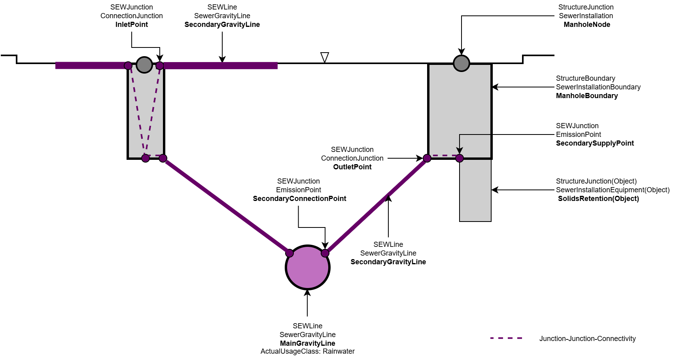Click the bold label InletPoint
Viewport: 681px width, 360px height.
[131, 25]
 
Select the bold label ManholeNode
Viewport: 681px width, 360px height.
[586, 25]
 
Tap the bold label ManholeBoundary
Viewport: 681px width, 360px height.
[586, 96]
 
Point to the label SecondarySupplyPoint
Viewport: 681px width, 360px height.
[594, 143]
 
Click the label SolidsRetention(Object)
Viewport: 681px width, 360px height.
[598, 199]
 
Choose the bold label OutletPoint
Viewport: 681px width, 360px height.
[352, 167]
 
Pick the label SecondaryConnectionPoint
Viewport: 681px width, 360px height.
[299, 199]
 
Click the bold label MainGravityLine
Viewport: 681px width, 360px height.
[307, 343]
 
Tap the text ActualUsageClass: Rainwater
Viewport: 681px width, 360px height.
[307, 351]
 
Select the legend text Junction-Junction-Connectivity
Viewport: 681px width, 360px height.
[587, 339]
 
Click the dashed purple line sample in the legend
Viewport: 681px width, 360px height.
[506, 338]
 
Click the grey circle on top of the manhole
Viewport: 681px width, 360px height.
[461, 63]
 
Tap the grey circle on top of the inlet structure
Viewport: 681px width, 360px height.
[144, 65]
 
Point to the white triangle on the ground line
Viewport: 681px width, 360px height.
[325, 58]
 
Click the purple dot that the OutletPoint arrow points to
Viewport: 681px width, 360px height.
[427, 158]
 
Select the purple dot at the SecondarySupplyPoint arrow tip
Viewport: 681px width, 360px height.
[460, 158]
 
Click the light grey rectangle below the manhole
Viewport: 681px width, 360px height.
[475, 190]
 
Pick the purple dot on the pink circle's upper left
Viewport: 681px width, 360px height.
[289, 253]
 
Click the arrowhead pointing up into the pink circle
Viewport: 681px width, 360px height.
[307, 293]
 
